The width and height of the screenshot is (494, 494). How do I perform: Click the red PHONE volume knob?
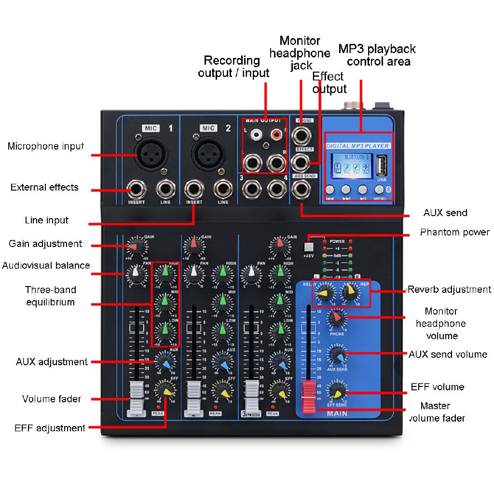pos(336,318)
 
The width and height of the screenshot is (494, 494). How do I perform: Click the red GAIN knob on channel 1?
pos(135,247)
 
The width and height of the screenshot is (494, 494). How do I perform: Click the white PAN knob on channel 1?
pos(135,275)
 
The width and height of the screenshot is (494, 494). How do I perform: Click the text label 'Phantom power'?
pos(454,233)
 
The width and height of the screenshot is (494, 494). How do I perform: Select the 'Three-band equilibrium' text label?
pos(51,296)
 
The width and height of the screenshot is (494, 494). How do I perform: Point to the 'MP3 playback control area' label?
pos(377,55)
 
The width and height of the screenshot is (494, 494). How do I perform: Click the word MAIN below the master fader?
pos(337,413)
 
